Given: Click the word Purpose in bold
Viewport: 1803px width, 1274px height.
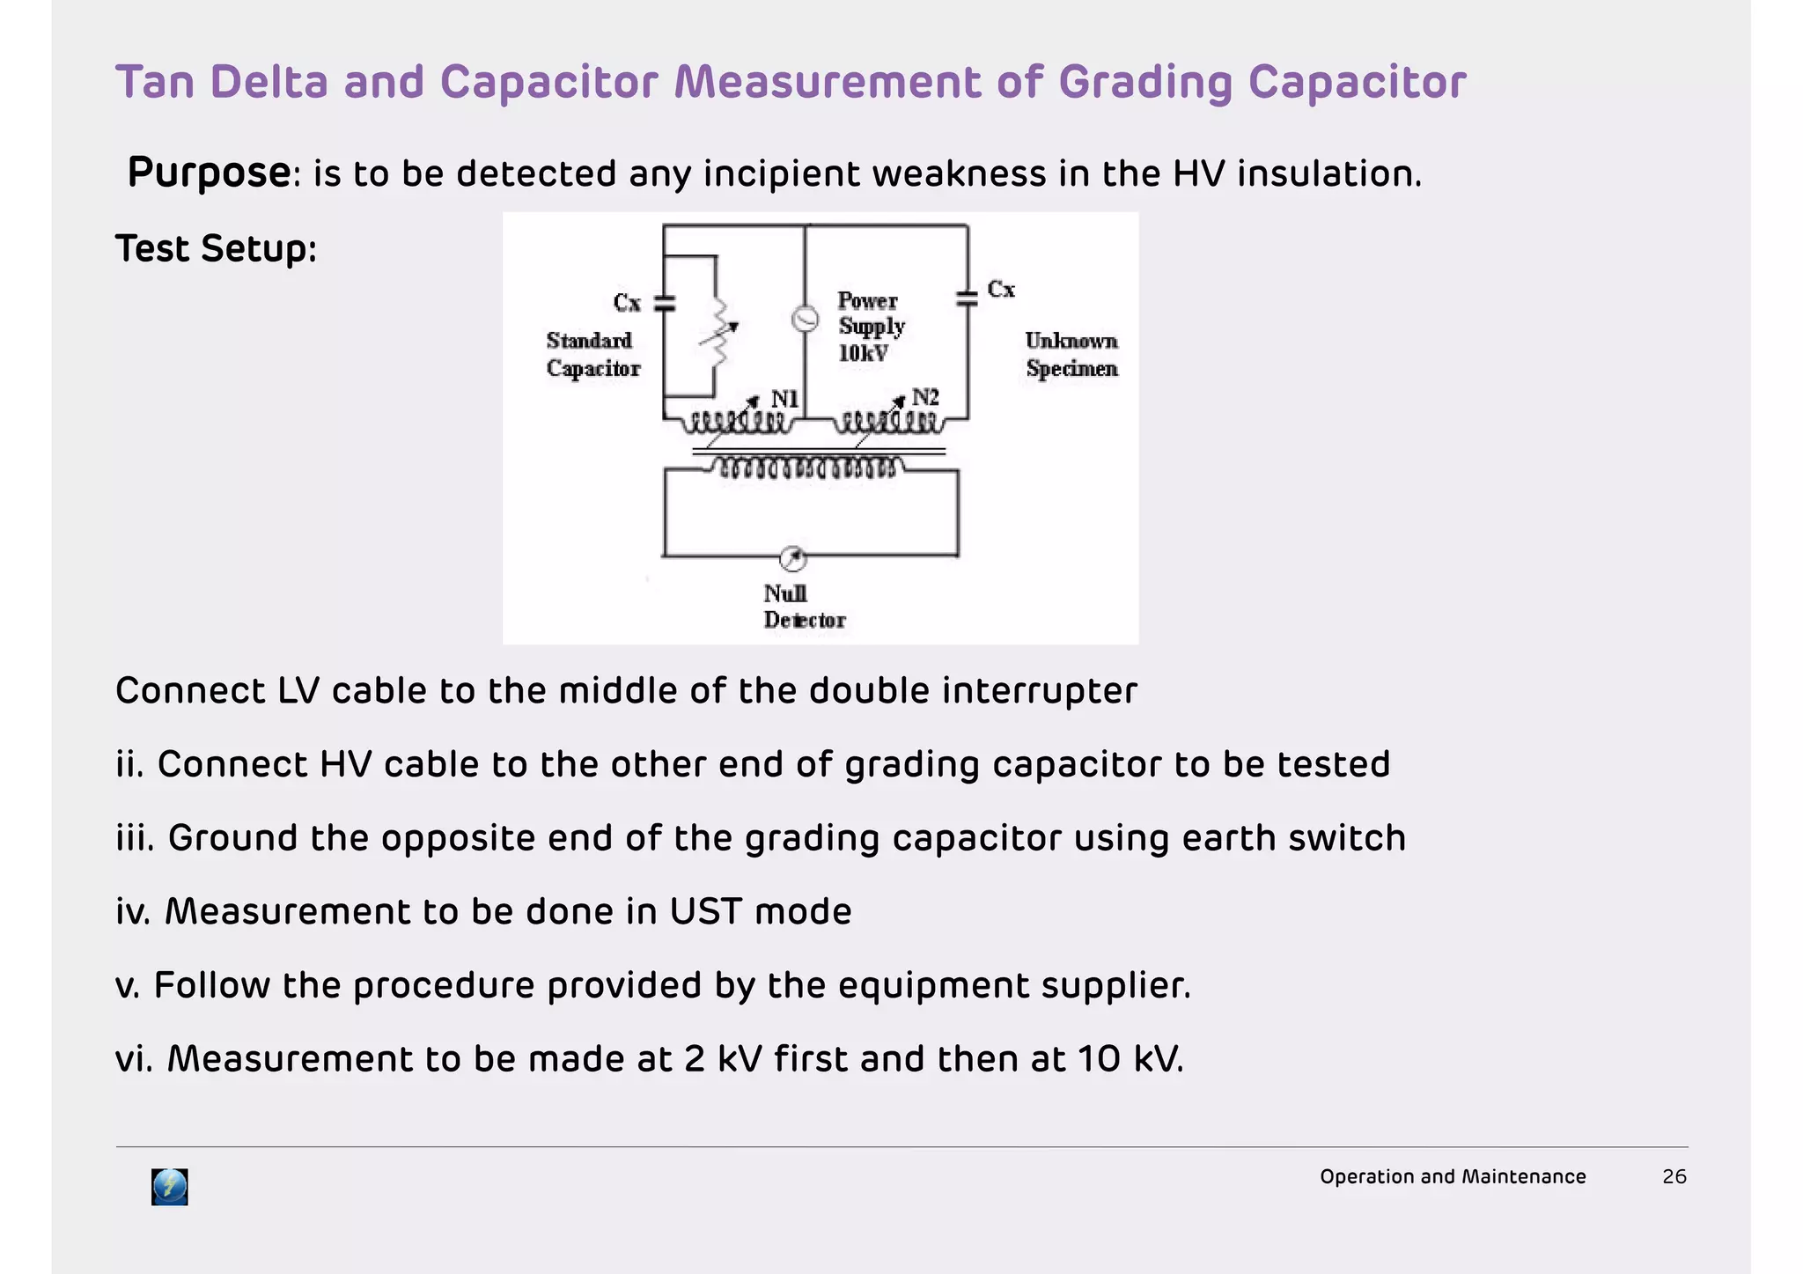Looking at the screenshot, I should (209, 173).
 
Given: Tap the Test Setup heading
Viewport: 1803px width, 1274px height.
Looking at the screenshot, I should (216, 248).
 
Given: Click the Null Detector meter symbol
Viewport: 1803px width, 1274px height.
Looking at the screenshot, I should (793, 558).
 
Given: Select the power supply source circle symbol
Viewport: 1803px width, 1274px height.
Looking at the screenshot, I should (805, 319).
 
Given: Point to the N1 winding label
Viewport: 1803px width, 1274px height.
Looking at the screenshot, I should (784, 400).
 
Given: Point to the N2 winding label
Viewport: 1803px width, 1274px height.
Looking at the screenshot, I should (924, 397).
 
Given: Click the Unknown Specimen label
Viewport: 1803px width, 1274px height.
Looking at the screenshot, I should (1071, 355).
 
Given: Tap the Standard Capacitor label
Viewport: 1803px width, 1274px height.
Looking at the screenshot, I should (592, 355).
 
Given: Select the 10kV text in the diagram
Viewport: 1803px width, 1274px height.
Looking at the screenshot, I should (863, 354).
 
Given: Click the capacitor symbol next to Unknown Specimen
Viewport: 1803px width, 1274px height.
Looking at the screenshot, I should (968, 298).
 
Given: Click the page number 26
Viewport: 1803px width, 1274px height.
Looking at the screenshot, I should (1674, 1176).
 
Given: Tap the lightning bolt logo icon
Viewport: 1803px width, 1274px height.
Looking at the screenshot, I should (170, 1187).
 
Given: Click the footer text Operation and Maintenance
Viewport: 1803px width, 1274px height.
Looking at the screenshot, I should (1453, 1176).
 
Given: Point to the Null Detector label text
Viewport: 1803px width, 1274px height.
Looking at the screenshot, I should (803, 607).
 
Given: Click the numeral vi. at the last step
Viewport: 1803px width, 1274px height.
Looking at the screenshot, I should (134, 1058).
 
